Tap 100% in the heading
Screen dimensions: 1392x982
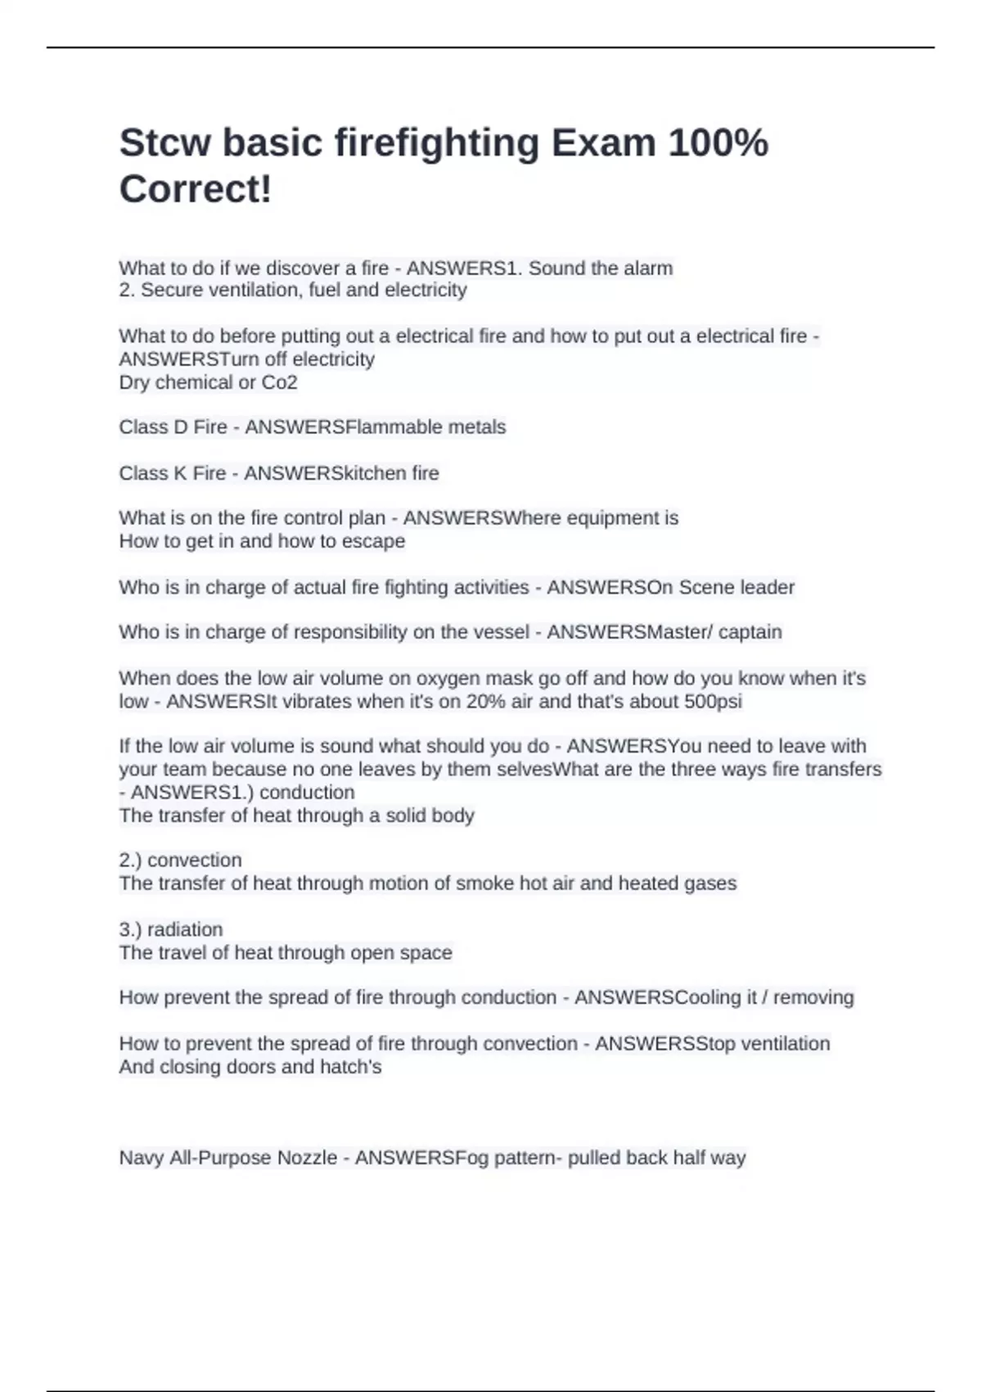click(718, 143)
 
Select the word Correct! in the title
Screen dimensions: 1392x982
click(196, 189)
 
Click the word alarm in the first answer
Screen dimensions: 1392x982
click(646, 269)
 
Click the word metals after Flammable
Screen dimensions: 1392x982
click(477, 427)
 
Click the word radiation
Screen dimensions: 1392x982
click(185, 929)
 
